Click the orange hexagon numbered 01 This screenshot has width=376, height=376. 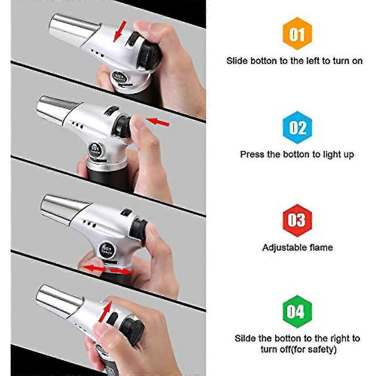pyautogui.click(x=297, y=34)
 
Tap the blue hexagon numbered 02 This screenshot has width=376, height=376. pyautogui.click(x=297, y=127)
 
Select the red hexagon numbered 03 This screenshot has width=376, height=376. pyautogui.click(x=297, y=220)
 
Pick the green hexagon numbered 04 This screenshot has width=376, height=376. pyautogui.click(x=297, y=312)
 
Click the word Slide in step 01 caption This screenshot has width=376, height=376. pyautogui.click(x=237, y=60)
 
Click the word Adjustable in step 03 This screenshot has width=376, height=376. pyautogui.click(x=285, y=248)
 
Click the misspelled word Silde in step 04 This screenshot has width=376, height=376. pyautogui.click(x=246, y=338)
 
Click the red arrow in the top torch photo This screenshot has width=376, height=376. pyautogui.click(x=120, y=31)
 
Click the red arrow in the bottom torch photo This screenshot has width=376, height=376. pyautogui.click(x=105, y=311)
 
